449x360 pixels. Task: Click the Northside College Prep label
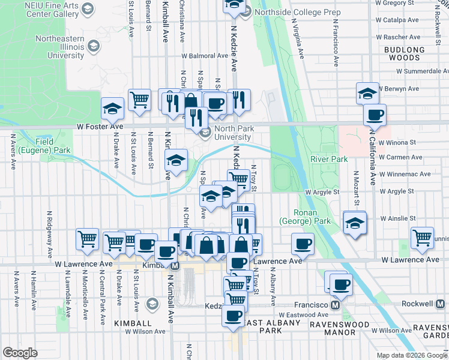[x=289, y=12]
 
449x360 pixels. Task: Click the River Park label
[x=329, y=159]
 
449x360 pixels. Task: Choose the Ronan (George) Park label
[x=313, y=217]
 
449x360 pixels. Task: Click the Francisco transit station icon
[x=336, y=305]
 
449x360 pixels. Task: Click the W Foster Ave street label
[x=100, y=127]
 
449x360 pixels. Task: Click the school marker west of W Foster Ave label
[x=112, y=109]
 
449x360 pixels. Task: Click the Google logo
[x=20, y=353]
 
